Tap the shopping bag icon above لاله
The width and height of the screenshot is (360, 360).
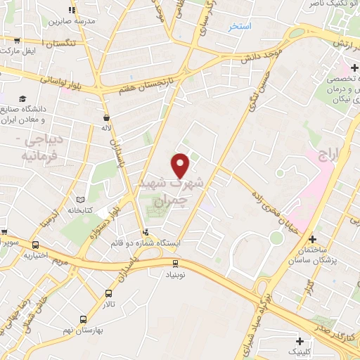[106, 118]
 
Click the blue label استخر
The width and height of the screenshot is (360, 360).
[240, 27]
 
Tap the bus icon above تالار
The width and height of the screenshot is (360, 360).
[108, 293]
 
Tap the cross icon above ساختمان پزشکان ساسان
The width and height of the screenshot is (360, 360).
[311, 240]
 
